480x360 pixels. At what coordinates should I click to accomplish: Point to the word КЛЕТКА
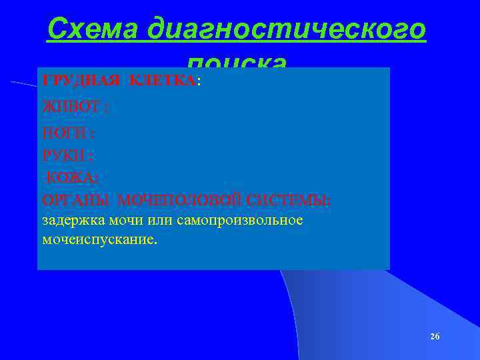pyautogui.click(x=161, y=81)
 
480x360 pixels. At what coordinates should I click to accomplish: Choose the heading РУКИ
pyautogui.click(x=65, y=155)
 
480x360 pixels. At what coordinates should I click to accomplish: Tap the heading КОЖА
pyautogui.click(x=71, y=177)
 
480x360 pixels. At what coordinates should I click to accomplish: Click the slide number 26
pyautogui.click(x=435, y=336)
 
